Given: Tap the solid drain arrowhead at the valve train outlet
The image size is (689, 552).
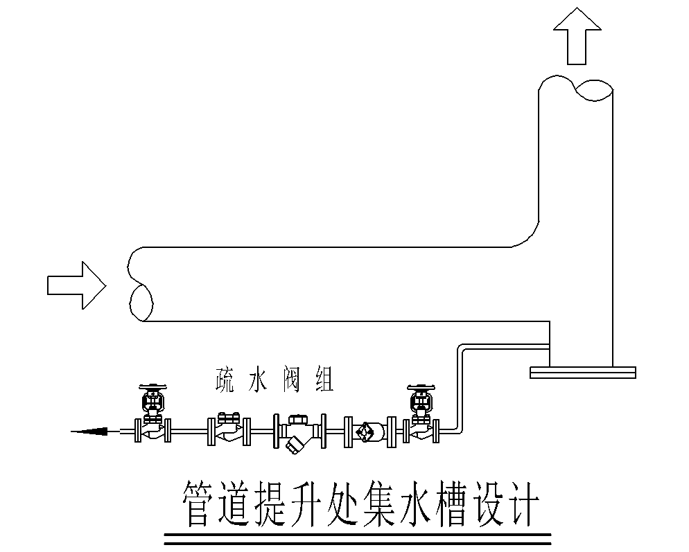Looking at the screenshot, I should point(90,431).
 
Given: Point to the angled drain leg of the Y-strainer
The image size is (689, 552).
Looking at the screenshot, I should point(294,445).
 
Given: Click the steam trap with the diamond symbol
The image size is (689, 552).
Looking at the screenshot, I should point(365,431).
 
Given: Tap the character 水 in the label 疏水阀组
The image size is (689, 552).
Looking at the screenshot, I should point(259,380).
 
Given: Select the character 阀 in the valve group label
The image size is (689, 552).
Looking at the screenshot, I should point(291,380).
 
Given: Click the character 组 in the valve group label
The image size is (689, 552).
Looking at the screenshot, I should point(323,380).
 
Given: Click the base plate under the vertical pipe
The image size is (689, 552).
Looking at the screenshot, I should point(583,373).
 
